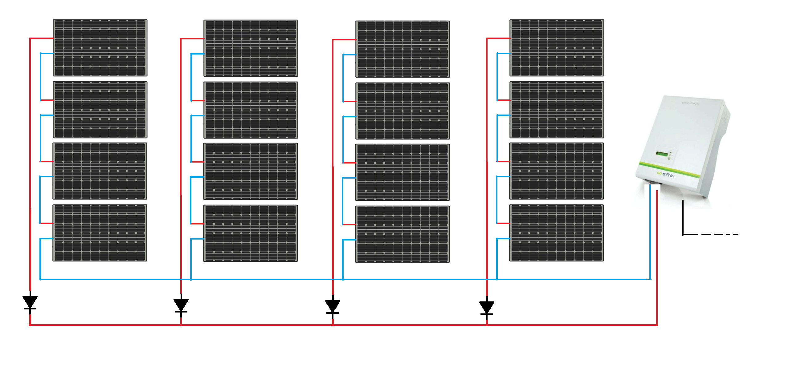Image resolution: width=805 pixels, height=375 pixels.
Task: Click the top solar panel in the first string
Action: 100,48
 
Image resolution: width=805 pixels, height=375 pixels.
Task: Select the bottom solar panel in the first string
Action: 100,233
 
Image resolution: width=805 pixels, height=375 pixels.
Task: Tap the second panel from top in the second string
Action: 251,110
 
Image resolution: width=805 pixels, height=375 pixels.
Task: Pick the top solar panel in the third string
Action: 402,49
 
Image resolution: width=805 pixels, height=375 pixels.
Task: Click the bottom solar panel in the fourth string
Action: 557,233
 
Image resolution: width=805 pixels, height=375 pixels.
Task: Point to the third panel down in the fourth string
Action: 557,171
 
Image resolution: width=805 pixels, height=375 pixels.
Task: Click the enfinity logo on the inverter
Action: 666,175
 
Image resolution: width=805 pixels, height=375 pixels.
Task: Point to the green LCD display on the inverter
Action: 662,154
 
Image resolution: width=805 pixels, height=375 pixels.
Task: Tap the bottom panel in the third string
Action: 402,234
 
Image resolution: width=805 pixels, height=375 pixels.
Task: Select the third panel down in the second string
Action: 250,171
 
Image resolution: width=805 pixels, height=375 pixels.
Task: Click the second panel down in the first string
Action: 100,110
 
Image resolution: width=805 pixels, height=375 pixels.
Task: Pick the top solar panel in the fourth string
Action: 557,48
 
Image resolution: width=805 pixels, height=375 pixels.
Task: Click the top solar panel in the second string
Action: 251,48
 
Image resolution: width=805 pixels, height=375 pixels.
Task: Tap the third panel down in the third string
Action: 402,172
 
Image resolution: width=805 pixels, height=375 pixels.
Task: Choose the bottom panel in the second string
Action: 250,233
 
